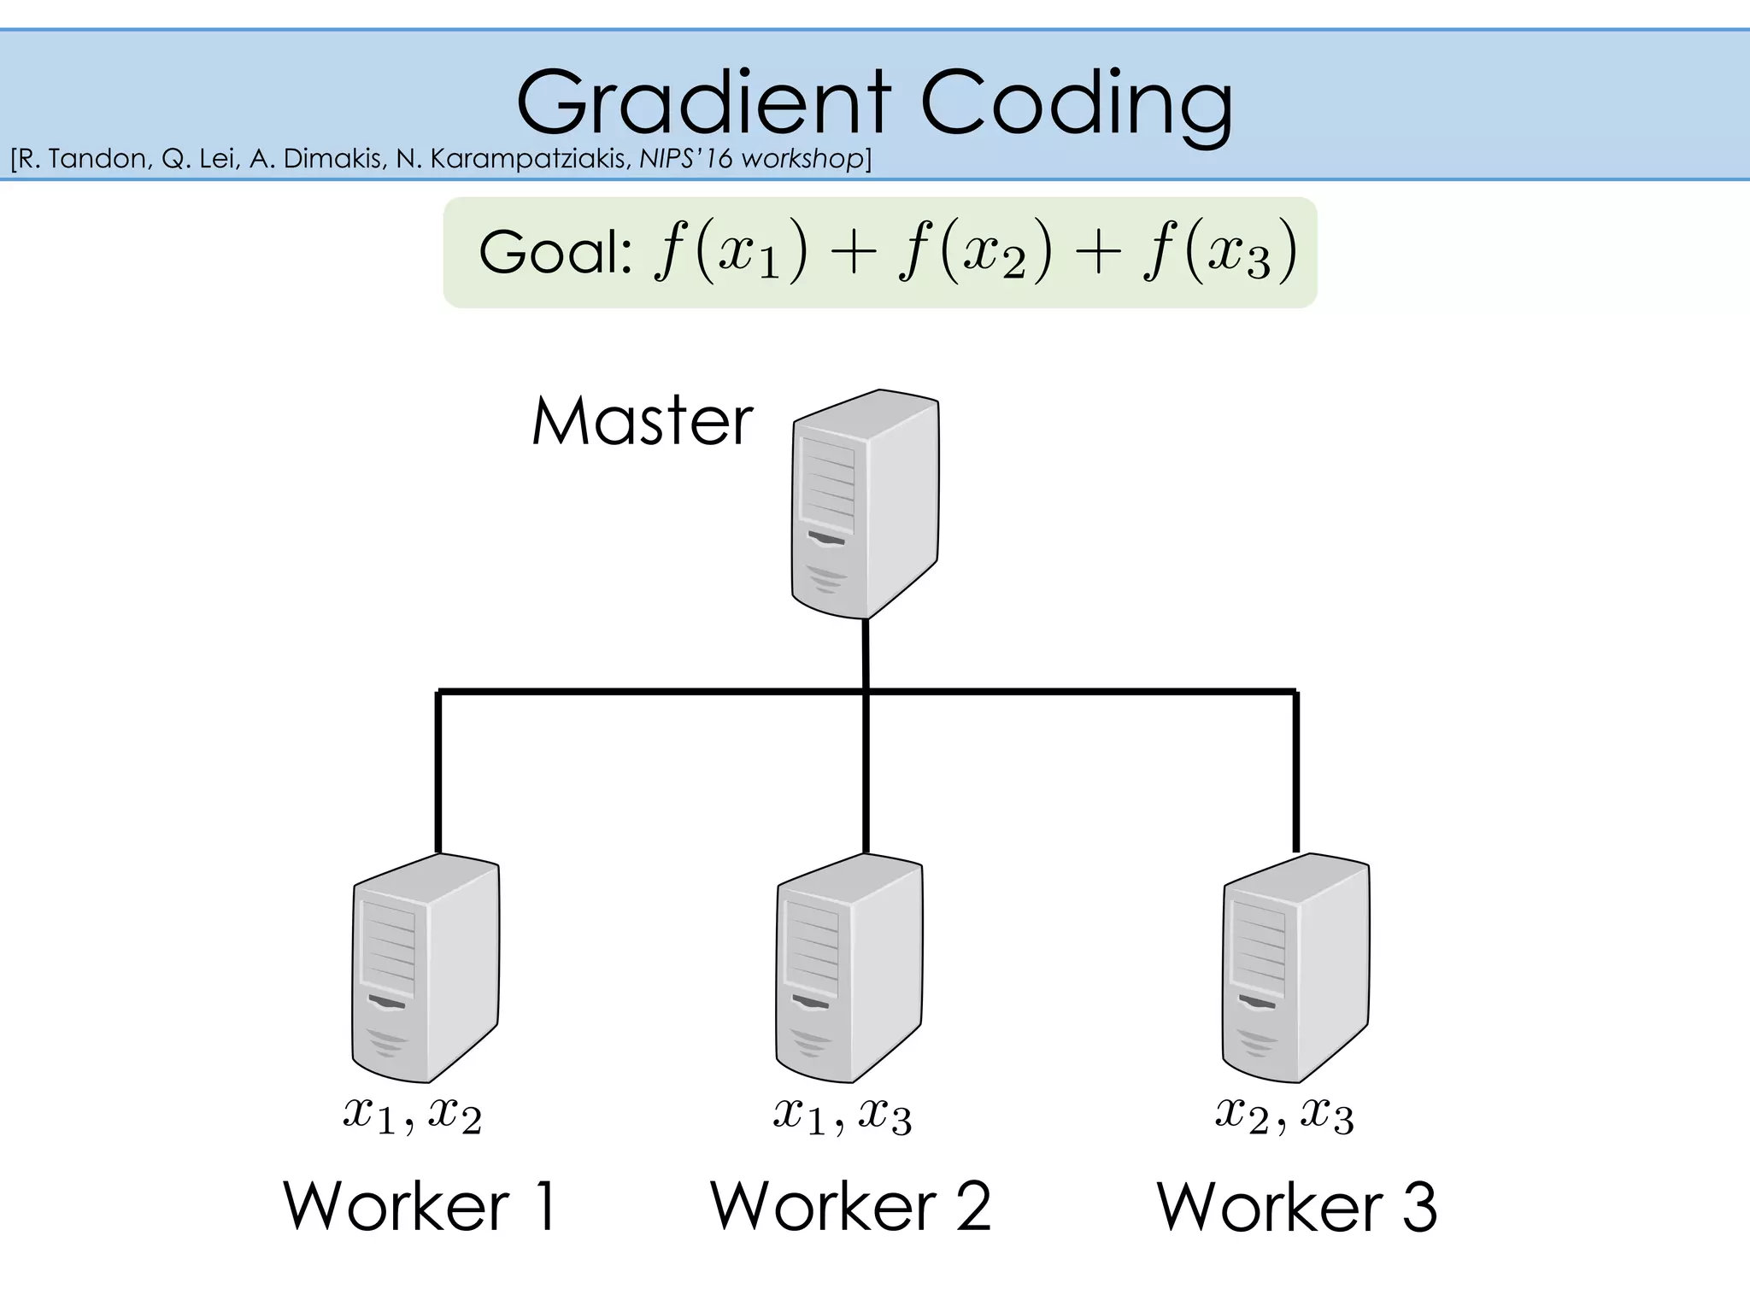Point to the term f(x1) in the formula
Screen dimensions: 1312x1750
coord(731,253)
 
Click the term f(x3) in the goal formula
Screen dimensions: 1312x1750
coord(1220,253)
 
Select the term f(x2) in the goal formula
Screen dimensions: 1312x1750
coord(975,253)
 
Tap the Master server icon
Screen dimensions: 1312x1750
coord(865,504)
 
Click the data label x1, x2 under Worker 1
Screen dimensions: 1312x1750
coord(413,1115)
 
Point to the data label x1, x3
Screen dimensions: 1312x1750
coord(843,1115)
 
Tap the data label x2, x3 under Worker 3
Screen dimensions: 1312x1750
coord(1284,1115)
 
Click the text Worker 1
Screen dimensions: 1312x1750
coord(420,1206)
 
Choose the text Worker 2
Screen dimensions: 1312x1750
coord(850,1206)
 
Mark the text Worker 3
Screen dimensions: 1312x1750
coord(1296,1206)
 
